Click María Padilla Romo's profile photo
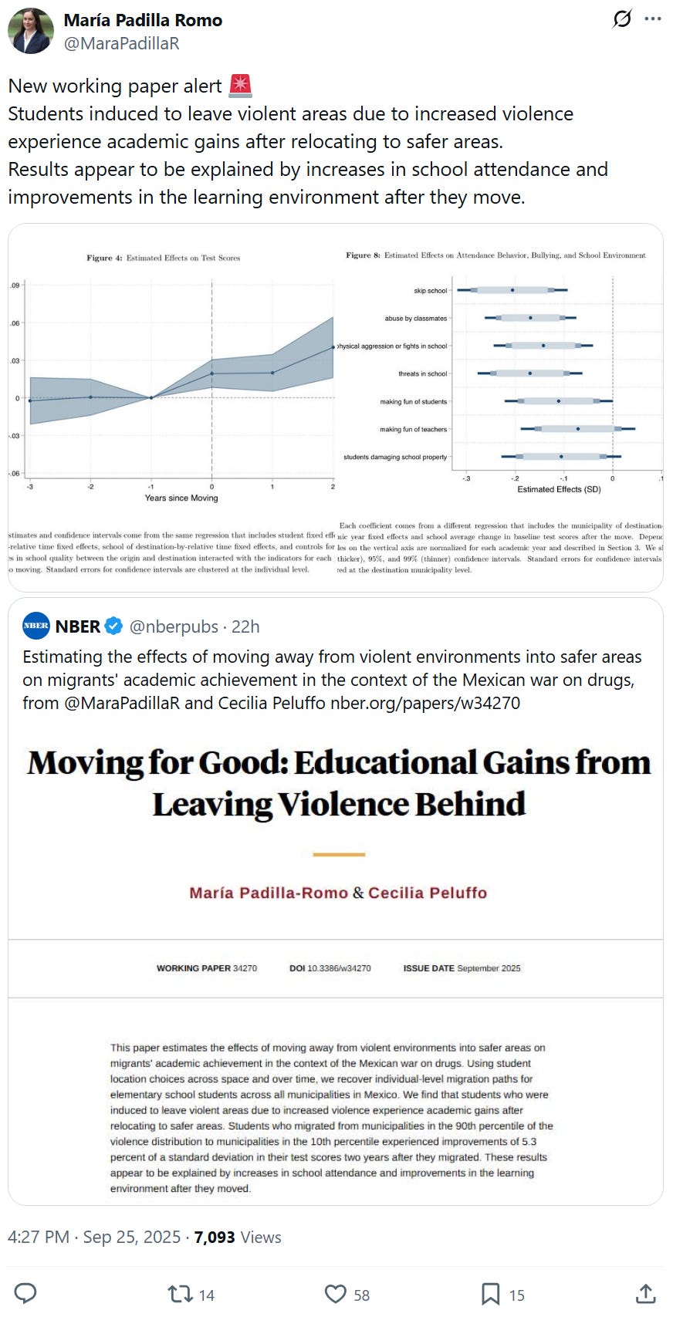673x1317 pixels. point(30,31)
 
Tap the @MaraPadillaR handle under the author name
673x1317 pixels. point(121,43)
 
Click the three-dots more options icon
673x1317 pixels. point(653,19)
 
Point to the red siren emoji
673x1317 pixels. point(241,86)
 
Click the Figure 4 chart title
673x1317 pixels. point(163,258)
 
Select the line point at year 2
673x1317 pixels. point(333,347)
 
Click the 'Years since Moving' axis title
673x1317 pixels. point(181,498)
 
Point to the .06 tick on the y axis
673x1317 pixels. point(15,323)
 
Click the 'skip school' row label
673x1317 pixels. point(430,291)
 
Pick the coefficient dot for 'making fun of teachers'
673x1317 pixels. point(577,429)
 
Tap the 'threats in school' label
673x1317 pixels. point(422,374)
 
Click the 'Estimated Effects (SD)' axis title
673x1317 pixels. point(559,489)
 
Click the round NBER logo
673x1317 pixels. point(36,626)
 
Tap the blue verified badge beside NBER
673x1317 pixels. point(113,626)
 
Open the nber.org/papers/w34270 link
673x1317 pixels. point(424,703)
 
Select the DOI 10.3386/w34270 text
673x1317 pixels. point(330,968)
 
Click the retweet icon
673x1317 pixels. point(181,1294)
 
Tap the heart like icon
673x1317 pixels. point(335,1294)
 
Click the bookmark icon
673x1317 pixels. point(491,1294)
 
